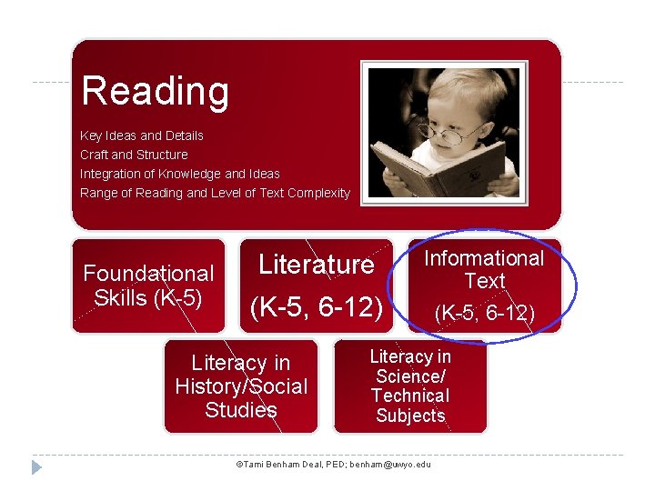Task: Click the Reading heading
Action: (x=156, y=91)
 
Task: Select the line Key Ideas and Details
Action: (x=142, y=135)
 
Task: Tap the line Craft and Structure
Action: (x=134, y=155)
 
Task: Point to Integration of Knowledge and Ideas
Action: (x=180, y=174)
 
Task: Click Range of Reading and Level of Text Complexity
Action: (x=215, y=193)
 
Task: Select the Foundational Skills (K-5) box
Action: (x=148, y=286)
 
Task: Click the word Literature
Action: (x=316, y=265)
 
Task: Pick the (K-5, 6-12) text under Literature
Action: (x=316, y=307)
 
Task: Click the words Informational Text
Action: (x=484, y=269)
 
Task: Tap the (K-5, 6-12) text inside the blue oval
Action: (x=484, y=314)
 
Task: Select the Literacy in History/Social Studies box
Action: (x=241, y=386)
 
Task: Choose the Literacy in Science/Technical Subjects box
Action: (x=410, y=386)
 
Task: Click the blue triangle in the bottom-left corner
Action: (x=36, y=466)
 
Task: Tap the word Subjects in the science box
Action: (x=410, y=416)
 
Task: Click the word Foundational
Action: (x=148, y=274)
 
